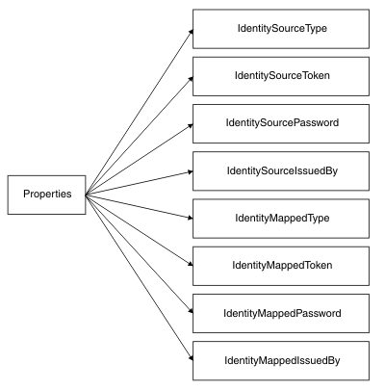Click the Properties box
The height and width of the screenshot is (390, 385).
(x=47, y=195)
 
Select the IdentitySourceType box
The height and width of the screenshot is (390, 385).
(x=281, y=29)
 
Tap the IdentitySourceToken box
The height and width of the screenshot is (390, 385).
(x=281, y=76)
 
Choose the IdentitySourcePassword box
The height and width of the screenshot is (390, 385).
(x=281, y=123)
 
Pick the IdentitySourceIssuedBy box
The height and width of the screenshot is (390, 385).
(x=281, y=171)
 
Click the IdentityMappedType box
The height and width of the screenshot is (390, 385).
(x=281, y=219)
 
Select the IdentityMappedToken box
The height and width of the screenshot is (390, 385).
(x=281, y=266)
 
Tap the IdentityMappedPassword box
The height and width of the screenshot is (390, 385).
(x=281, y=313)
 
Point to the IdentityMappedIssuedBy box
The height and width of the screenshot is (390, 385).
(x=281, y=361)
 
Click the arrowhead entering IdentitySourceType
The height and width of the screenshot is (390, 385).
(x=192, y=31)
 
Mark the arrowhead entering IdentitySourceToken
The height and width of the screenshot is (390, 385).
(x=191, y=78)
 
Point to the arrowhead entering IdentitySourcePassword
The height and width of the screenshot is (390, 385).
(x=191, y=125)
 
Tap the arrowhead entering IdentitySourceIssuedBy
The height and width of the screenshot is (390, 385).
(x=191, y=172)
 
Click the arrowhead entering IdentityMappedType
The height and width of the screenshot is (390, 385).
(x=191, y=218)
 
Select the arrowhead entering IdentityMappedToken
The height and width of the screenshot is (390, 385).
(x=191, y=264)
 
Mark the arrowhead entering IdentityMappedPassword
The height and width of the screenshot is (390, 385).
(x=191, y=311)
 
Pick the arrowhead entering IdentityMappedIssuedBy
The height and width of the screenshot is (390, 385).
(x=192, y=357)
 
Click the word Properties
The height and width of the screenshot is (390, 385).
(x=47, y=194)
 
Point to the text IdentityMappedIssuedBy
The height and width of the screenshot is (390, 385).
(x=282, y=360)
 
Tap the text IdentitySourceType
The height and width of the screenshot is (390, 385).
(x=282, y=28)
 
